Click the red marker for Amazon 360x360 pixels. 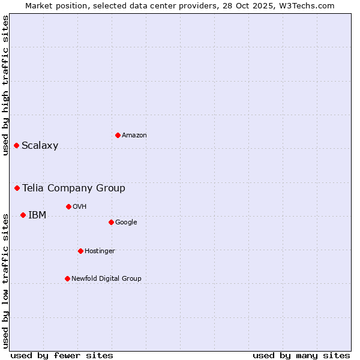click(x=118, y=135)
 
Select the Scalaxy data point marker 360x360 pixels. click(x=16, y=145)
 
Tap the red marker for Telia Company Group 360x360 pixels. click(x=17, y=188)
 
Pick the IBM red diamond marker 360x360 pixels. click(x=23, y=215)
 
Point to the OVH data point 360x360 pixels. click(x=68, y=206)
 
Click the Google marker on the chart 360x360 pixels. click(x=111, y=222)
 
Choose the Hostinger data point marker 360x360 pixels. click(x=80, y=251)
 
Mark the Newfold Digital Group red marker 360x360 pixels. click(x=67, y=278)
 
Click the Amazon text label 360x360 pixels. click(x=134, y=136)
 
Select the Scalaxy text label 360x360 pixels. click(x=40, y=146)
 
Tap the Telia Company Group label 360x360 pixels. click(x=74, y=188)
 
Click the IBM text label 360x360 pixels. click(x=37, y=215)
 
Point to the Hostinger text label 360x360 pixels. click(x=100, y=251)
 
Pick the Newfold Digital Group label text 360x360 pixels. click(x=106, y=279)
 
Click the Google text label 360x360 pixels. click(x=126, y=223)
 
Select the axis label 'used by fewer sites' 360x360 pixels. click(x=62, y=355)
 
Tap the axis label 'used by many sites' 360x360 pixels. click(x=301, y=355)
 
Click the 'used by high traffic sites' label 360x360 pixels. click(x=5, y=85)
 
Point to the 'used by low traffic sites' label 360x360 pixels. click(x=5, y=280)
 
